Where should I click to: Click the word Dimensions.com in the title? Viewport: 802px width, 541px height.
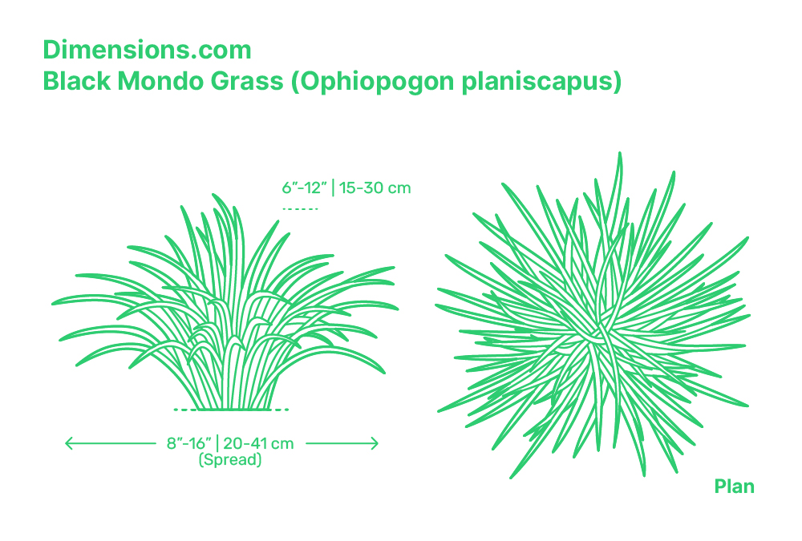click(x=148, y=50)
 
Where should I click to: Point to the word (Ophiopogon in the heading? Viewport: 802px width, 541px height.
click(x=372, y=82)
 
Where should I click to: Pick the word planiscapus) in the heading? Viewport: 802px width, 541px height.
click(x=541, y=82)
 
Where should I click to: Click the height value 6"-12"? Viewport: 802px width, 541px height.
click(x=304, y=188)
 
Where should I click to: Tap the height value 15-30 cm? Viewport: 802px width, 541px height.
click(x=375, y=188)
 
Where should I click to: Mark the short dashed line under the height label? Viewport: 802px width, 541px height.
click(x=300, y=208)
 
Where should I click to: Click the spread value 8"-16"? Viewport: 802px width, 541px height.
click(x=188, y=443)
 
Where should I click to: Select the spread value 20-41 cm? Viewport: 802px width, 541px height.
click(x=258, y=443)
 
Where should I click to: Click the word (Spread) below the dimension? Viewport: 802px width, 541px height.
click(x=230, y=459)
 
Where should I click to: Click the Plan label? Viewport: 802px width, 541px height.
click(x=734, y=486)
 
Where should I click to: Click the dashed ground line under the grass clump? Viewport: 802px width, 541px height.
click(x=231, y=410)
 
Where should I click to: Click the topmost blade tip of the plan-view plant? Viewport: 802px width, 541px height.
click(x=619, y=153)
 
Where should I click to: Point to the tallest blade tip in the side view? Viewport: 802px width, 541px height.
click(x=214, y=195)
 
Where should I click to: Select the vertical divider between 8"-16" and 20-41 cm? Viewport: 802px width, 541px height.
click(x=217, y=443)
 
